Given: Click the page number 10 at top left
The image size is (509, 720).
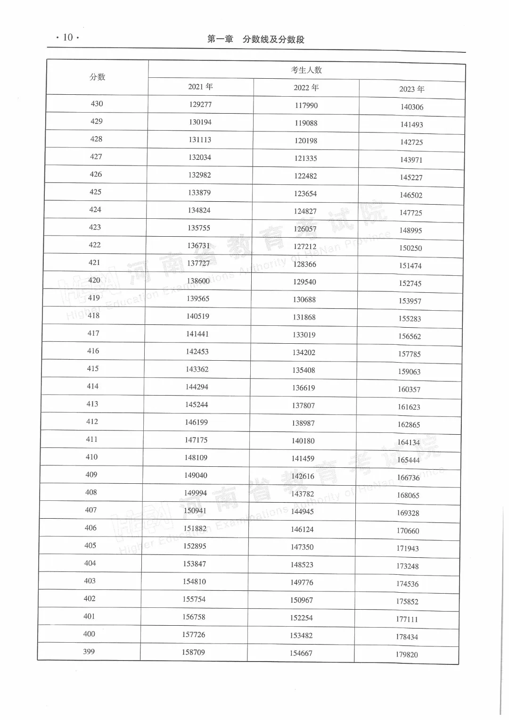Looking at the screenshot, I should coord(68,37).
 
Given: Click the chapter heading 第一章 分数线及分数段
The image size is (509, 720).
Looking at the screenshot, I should coord(256,40).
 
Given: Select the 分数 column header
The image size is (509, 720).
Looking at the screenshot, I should coord(98,77).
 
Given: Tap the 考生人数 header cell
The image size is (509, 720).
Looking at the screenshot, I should coord(306,70).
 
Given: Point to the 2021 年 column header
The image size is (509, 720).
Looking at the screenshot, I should coord(200,87).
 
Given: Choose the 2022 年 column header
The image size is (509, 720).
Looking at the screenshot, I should coord(306,88).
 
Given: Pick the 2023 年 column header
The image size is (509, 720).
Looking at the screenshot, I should coord(412,89).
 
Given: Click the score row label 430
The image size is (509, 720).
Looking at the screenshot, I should coord(97,104).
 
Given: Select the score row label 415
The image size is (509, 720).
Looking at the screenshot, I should coord(93,369).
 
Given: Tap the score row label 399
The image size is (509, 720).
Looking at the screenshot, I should coord(89,652).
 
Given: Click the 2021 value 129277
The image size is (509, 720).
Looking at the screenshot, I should coord(200,104).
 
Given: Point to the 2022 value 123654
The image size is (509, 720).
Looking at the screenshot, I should coord(305,194).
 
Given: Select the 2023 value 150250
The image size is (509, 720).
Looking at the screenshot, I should coord(410,248).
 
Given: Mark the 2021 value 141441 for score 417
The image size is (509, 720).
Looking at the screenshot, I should coord(197,334).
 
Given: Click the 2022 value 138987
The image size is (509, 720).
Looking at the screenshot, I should coord(303,423).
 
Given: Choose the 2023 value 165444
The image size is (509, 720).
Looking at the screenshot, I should coord(408,460).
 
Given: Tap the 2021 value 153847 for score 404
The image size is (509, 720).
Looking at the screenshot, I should coord(194,564).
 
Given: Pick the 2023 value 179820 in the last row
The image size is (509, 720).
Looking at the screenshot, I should coord(407,654).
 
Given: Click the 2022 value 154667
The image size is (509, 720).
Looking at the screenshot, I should coord(301,653).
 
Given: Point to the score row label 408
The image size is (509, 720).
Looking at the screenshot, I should coord(91,492).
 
